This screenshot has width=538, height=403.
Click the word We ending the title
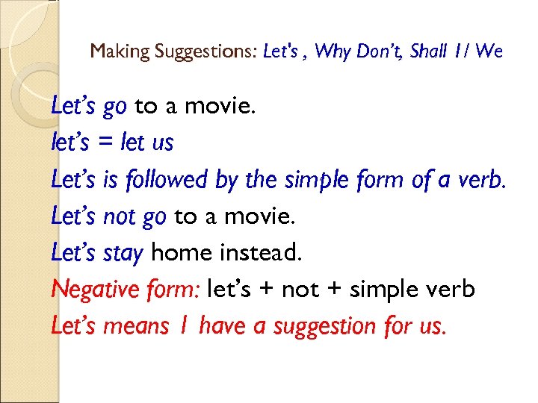point(489,52)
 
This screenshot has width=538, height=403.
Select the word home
point(182,253)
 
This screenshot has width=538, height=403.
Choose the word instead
point(262,253)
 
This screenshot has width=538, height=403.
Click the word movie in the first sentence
point(220,107)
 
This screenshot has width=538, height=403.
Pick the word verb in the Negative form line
point(452,290)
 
